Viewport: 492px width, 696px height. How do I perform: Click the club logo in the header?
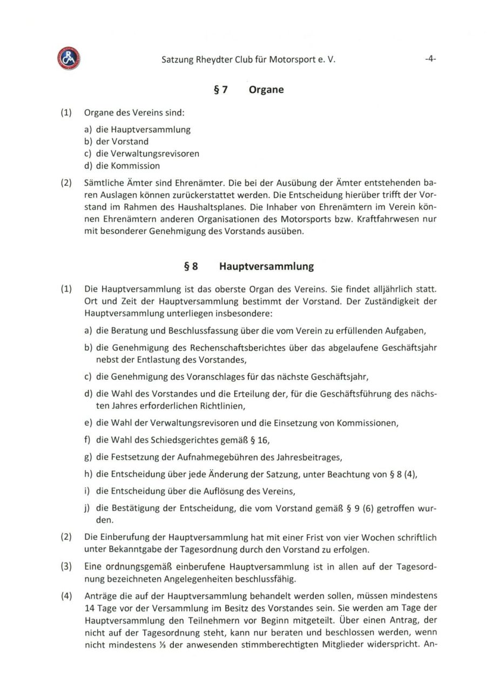coord(68,59)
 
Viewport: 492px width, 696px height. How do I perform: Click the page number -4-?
coord(430,59)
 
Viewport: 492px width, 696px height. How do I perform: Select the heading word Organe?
coord(266,90)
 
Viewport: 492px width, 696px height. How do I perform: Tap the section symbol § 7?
coord(220,90)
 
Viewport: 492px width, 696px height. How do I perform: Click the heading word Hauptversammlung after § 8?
coord(266,266)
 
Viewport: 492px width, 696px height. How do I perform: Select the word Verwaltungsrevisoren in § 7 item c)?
coord(155,153)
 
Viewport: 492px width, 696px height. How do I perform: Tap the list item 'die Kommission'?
coord(128,166)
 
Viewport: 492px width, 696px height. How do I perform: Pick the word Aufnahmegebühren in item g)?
coord(218,457)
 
